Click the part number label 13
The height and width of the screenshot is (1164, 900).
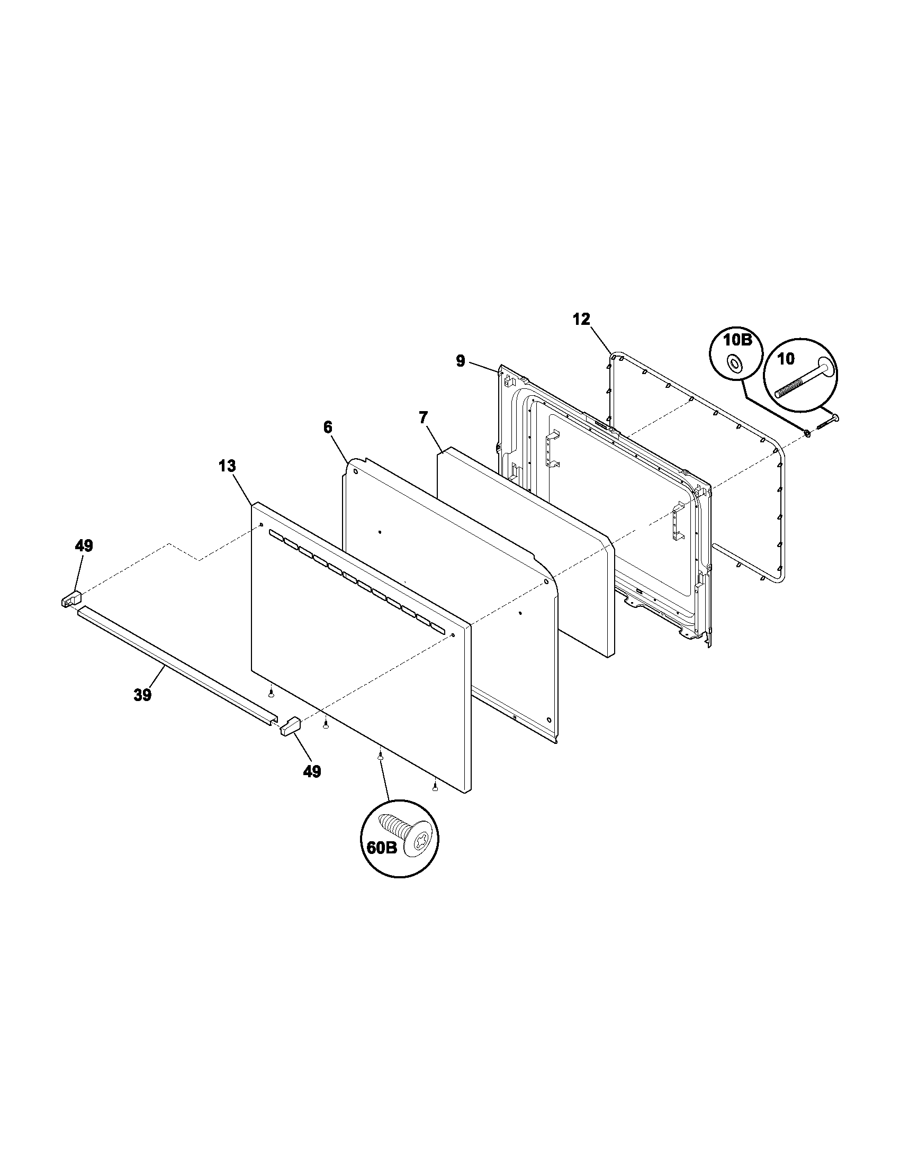pos(227,466)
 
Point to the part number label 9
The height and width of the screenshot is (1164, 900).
pos(460,361)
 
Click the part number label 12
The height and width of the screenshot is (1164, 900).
pos(582,319)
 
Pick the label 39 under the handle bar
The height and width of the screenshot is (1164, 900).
pos(142,695)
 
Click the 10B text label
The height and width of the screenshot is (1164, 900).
pos(737,340)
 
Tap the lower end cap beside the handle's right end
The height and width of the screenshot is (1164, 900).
pos(291,726)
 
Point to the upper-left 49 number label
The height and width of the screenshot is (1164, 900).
pos(84,546)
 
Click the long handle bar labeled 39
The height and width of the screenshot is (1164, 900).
pos(176,663)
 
